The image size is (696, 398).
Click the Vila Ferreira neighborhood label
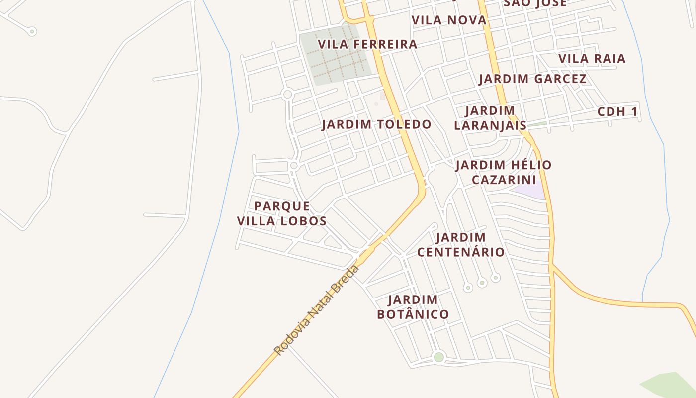pyautogui.click(x=367, y=44)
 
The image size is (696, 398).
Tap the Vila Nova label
pyautogui.click(x=449, y=20)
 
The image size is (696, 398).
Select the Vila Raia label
pyautogui.click(x=592, y=59)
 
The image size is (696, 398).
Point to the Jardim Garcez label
pyautogui.click(x=532, y=79)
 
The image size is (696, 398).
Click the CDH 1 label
pyautogui.click(x=617, y=112)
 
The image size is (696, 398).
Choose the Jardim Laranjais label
pyautogui.click(x=490, y=118)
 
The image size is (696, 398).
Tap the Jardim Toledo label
pyautogui.click(x=376, y=124)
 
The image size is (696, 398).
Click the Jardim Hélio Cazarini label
pyautogui.click(x=504, y=172)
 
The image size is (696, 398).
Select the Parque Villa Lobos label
pyautogui.click(x=282, y=213)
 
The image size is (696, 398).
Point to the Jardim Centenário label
pyautogui.click(x=461, y=245)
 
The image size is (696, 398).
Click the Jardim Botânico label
pyautogui.click(x=413, y=307)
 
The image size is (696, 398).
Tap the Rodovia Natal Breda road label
pyautogui.click(x=317, y=310)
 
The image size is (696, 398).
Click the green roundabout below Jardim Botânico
pyautogui.click(x=438, y=357)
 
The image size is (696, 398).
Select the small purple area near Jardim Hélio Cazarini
pyautogui.click(x=530, y=191)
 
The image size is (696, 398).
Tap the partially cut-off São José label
pyautogui.click(x=535, y=3)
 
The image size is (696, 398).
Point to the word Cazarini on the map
pyautogui.click(x=504, y=180)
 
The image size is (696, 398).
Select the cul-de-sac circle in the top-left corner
pyautogui.click(x=32, y=32)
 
